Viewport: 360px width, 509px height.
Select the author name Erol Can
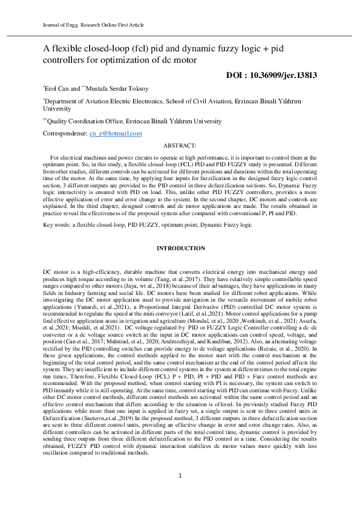[x=58, y=88]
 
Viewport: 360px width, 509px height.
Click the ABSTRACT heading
[x=180, y=146]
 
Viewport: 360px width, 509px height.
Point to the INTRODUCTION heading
[x=180, y=248]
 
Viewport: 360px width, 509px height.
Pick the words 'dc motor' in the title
[x=181, y=60]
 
